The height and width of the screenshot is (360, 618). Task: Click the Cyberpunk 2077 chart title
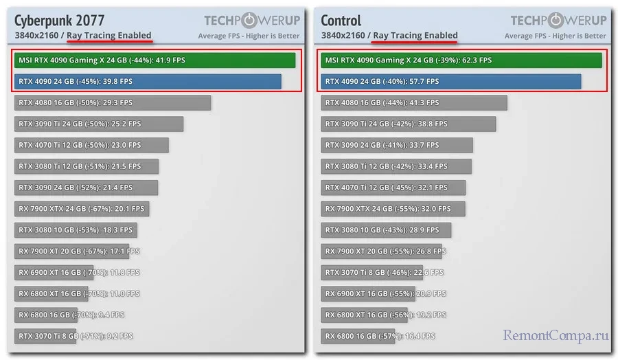point(59,20)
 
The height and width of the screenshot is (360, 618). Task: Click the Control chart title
point(341,20)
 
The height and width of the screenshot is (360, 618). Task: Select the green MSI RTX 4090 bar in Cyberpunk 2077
point(154,60)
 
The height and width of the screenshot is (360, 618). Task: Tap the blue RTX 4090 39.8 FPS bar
point(148,82)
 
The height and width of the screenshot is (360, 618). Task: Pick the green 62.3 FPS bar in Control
point(461,60)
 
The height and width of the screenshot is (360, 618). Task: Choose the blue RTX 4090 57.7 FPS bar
point(450,82)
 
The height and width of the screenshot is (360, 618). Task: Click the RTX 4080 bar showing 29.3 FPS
point(113,103)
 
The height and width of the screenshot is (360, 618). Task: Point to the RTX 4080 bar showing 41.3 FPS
point(413,103)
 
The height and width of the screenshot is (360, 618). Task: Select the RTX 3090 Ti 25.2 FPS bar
point(99,124)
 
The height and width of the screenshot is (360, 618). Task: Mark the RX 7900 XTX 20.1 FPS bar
point(82,209)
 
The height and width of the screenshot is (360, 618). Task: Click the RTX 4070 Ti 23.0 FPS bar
point(91,146)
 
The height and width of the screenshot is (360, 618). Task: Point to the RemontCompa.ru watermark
point(556,337)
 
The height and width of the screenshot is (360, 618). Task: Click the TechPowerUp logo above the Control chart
point(558,20)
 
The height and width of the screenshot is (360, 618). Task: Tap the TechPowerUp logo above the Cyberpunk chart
point(252,20)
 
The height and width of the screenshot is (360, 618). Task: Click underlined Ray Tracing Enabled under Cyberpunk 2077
point(109,36)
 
